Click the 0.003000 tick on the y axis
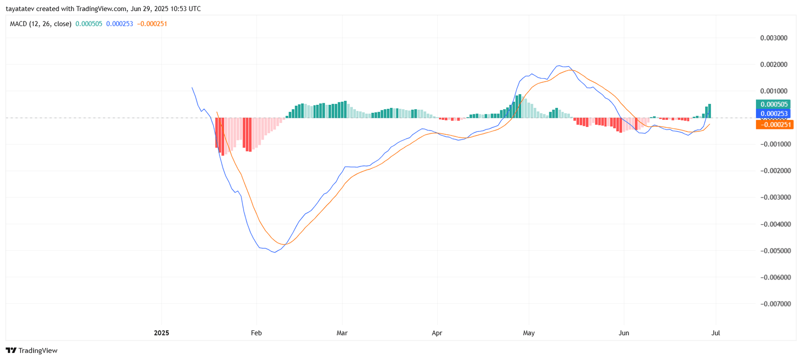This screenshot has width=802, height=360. [773, 38]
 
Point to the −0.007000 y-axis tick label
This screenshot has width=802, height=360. [773, 304]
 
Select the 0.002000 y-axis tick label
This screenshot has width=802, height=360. [773, 65]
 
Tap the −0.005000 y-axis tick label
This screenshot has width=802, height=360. [773, 251]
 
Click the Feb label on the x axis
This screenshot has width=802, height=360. [256, 333]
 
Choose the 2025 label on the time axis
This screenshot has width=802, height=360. [161, 333]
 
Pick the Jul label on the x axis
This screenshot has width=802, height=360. [715, 333]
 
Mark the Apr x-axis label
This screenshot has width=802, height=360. [437, 333]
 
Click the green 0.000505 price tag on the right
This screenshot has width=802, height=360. [773, 104]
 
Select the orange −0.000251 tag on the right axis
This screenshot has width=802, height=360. [774, 124]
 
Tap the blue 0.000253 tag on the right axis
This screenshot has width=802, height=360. [773, 114]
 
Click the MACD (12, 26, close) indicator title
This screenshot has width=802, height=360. [41, 24]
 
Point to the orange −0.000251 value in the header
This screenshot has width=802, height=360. [152, 24]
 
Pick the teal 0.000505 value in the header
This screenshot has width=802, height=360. [89, 24]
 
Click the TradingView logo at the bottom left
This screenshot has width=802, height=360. [32, 350]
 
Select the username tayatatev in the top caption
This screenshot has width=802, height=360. [20, 9]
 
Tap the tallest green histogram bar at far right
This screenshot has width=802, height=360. [709, 111]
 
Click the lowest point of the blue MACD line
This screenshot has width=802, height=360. [274, 252]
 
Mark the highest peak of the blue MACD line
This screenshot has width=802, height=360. [558, 66]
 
